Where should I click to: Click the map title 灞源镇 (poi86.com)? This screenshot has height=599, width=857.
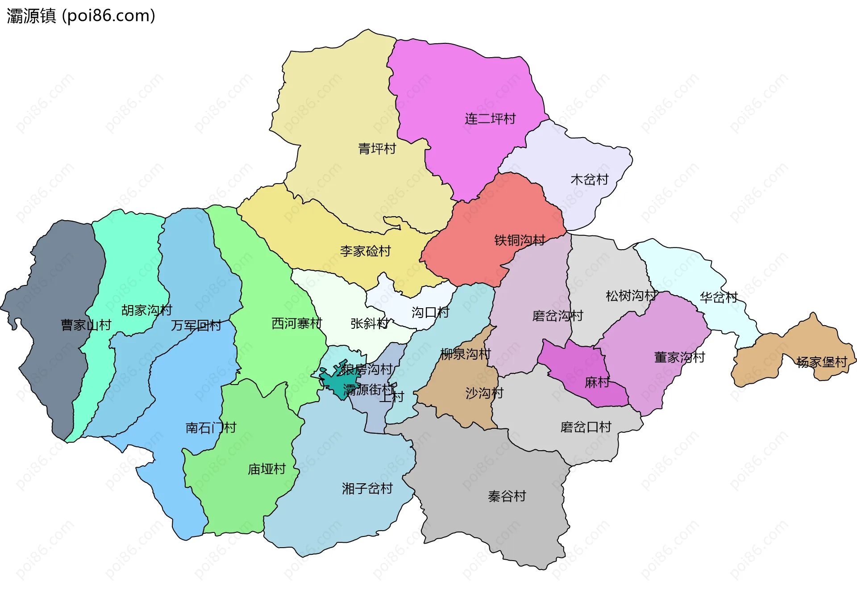tap(81, 16)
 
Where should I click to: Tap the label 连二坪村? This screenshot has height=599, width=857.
tap(490, 119)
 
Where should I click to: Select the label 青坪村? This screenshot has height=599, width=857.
tap(377, 149)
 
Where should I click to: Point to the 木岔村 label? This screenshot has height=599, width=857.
tap(589, 180)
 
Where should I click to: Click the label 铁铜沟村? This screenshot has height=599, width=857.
tap(519, 240)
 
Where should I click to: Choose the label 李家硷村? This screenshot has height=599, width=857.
tap(365, 251)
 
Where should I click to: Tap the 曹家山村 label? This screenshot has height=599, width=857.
tap(86, 325)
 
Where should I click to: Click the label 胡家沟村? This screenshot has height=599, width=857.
tap(146, 310)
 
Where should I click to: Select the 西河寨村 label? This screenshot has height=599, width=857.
tap(296, 323)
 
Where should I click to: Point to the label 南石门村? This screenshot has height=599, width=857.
tap(210, 428)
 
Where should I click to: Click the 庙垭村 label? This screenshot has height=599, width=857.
tap(266, 469)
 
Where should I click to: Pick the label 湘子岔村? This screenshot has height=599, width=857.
tap(367, 489)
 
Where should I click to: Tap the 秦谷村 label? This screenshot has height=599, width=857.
tap(507, 496)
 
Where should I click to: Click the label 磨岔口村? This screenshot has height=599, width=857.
tap(586, 427)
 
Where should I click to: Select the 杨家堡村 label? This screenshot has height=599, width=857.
tap(821, 362)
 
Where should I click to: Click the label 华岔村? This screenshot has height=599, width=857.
tap(718, 297)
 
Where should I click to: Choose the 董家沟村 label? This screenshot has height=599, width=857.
tap(679, 357)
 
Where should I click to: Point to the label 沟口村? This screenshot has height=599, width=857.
tap(430, 312)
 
